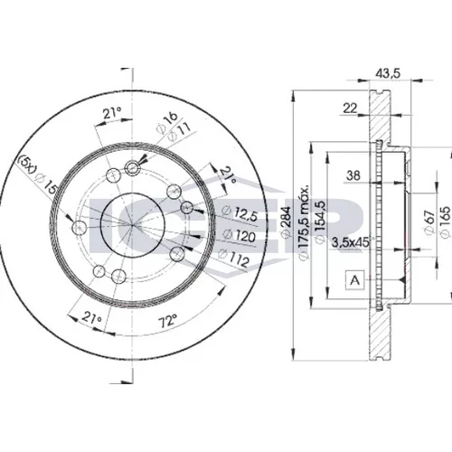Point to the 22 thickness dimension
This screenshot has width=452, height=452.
[x=350, y=108]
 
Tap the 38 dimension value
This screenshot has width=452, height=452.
[x=353, y=175]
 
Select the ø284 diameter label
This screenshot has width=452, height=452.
[x=286, y=222]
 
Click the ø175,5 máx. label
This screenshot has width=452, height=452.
[x=304, y=222]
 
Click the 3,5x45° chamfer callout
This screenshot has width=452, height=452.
[x=351, y=242]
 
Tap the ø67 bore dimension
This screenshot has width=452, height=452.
[x=429, y=222]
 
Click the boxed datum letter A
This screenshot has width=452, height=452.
[x=355, y=280]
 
